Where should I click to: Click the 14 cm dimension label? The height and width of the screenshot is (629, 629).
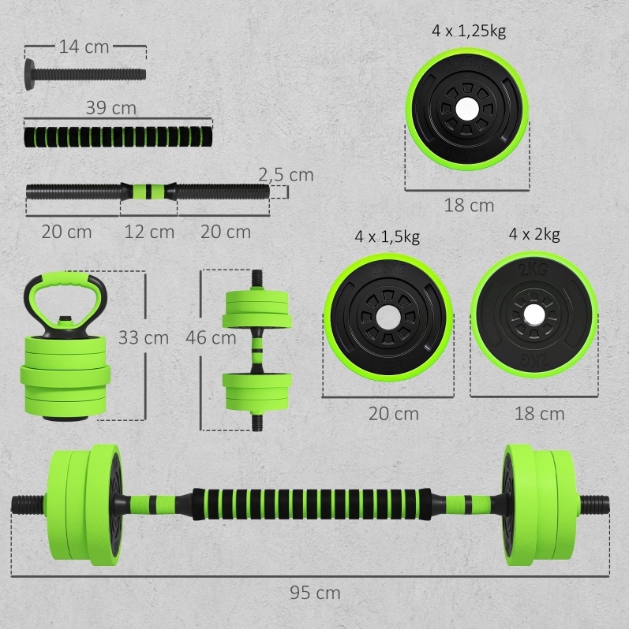[84, 47]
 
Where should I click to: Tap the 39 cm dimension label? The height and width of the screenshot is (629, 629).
[111, 108]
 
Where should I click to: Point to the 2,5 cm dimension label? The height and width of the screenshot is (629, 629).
[286, 175]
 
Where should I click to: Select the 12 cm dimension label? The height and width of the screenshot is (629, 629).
[149, 232]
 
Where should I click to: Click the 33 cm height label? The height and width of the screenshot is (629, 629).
[144, 338]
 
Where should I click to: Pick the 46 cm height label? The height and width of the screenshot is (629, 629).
[211, 338]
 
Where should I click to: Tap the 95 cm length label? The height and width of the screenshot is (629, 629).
[315, 593]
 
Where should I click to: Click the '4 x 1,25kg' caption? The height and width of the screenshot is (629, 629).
[469, 31]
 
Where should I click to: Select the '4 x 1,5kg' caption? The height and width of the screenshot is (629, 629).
[388, 236]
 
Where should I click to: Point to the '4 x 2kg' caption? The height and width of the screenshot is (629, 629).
[534, 234]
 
